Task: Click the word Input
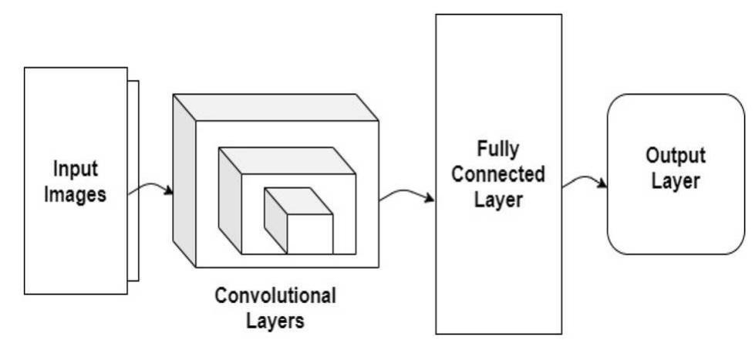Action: tap(76, 167)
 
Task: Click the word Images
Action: tap(75, 194)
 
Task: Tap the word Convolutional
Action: tap(275, 295)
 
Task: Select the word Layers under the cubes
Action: tap(275, 320)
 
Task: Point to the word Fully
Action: tap(497, 147)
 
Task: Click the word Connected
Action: tap(497, 173)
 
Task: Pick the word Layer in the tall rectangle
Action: tap(497, 200)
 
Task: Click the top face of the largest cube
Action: tap(275, 107)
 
